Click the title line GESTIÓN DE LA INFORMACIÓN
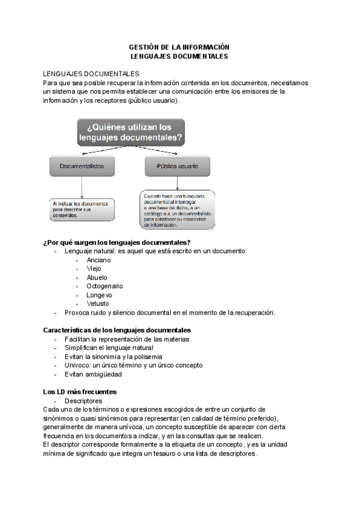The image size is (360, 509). point(179,46)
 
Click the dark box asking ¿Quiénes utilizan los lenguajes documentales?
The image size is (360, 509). point(131,133)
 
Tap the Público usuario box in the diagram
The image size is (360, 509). point(178,166)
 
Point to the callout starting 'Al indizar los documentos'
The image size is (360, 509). point(81,209)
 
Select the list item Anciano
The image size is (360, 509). point(98,260)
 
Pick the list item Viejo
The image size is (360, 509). point(94,269)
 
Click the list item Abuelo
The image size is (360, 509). point(97,278)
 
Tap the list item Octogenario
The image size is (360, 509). point(104,286)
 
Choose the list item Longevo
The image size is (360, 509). point(99,295)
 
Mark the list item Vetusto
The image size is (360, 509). point(98,304)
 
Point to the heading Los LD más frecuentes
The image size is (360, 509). point(80,391)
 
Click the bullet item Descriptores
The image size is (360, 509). point(83,400)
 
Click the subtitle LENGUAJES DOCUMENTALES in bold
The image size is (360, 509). point(179,56)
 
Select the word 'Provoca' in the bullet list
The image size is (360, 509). point(77,313)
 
